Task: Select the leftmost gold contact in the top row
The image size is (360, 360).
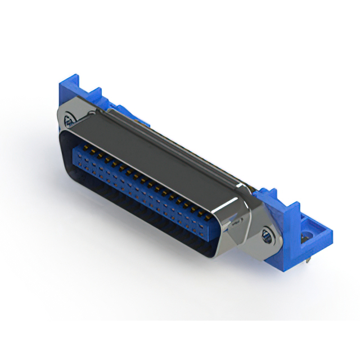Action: point(78,145)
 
